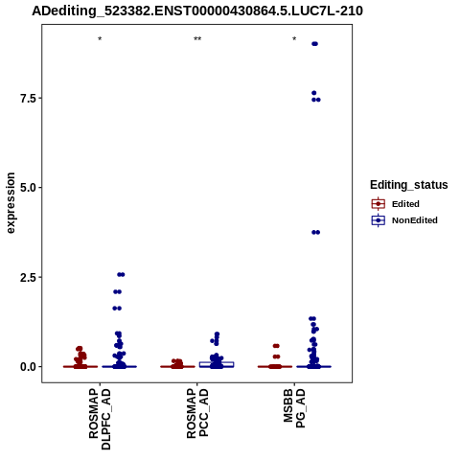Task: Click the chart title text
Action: [x=197, y=11]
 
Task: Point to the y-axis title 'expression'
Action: [x=11, y=203]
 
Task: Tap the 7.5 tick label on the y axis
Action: [x=27, y=99]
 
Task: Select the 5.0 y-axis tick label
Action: [x=27, y=188]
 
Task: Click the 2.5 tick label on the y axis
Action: [x=27, y=277]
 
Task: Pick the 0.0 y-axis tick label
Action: [x=27, y=367]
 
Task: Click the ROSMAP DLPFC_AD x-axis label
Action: [x=100, y=419]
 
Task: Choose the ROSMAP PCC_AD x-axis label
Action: [x=197, y=413]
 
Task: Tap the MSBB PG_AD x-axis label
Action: [x=294, y=408]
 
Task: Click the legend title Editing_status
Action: [x=409, y=185]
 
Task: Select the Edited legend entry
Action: [x=396, y=204]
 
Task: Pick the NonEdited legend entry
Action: [x=404, y=220]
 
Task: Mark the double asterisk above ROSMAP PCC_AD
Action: [x=197, y=39]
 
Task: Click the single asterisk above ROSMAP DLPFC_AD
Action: [x=100, y=39]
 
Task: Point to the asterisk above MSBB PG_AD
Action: [x=294, y=39]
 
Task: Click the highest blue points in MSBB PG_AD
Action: [x=314, y=44]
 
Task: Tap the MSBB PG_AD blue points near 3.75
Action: [x=315, y=232]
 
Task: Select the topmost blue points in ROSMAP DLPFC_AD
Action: [x=121, y=274]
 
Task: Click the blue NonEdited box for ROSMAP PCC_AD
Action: [x=217, y=364]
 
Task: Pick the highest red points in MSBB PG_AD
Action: [x=276, y=346]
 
